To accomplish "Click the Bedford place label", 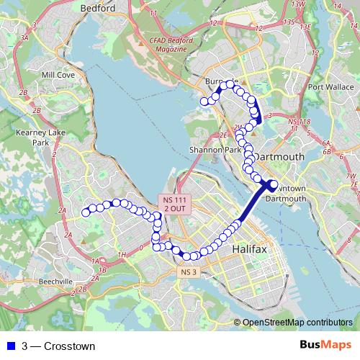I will tap(99, 8).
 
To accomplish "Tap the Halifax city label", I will tap(249, 249).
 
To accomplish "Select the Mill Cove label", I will tap(58, 74).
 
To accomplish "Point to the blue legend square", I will tap(8, 346).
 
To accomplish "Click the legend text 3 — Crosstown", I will tap(58, 346).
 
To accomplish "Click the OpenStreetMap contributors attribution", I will tap(297, 323).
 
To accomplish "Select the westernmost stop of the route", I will tap(86, 212).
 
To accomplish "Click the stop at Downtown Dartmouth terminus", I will tap(272, 185).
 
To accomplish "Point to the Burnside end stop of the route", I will tap(204, 102).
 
